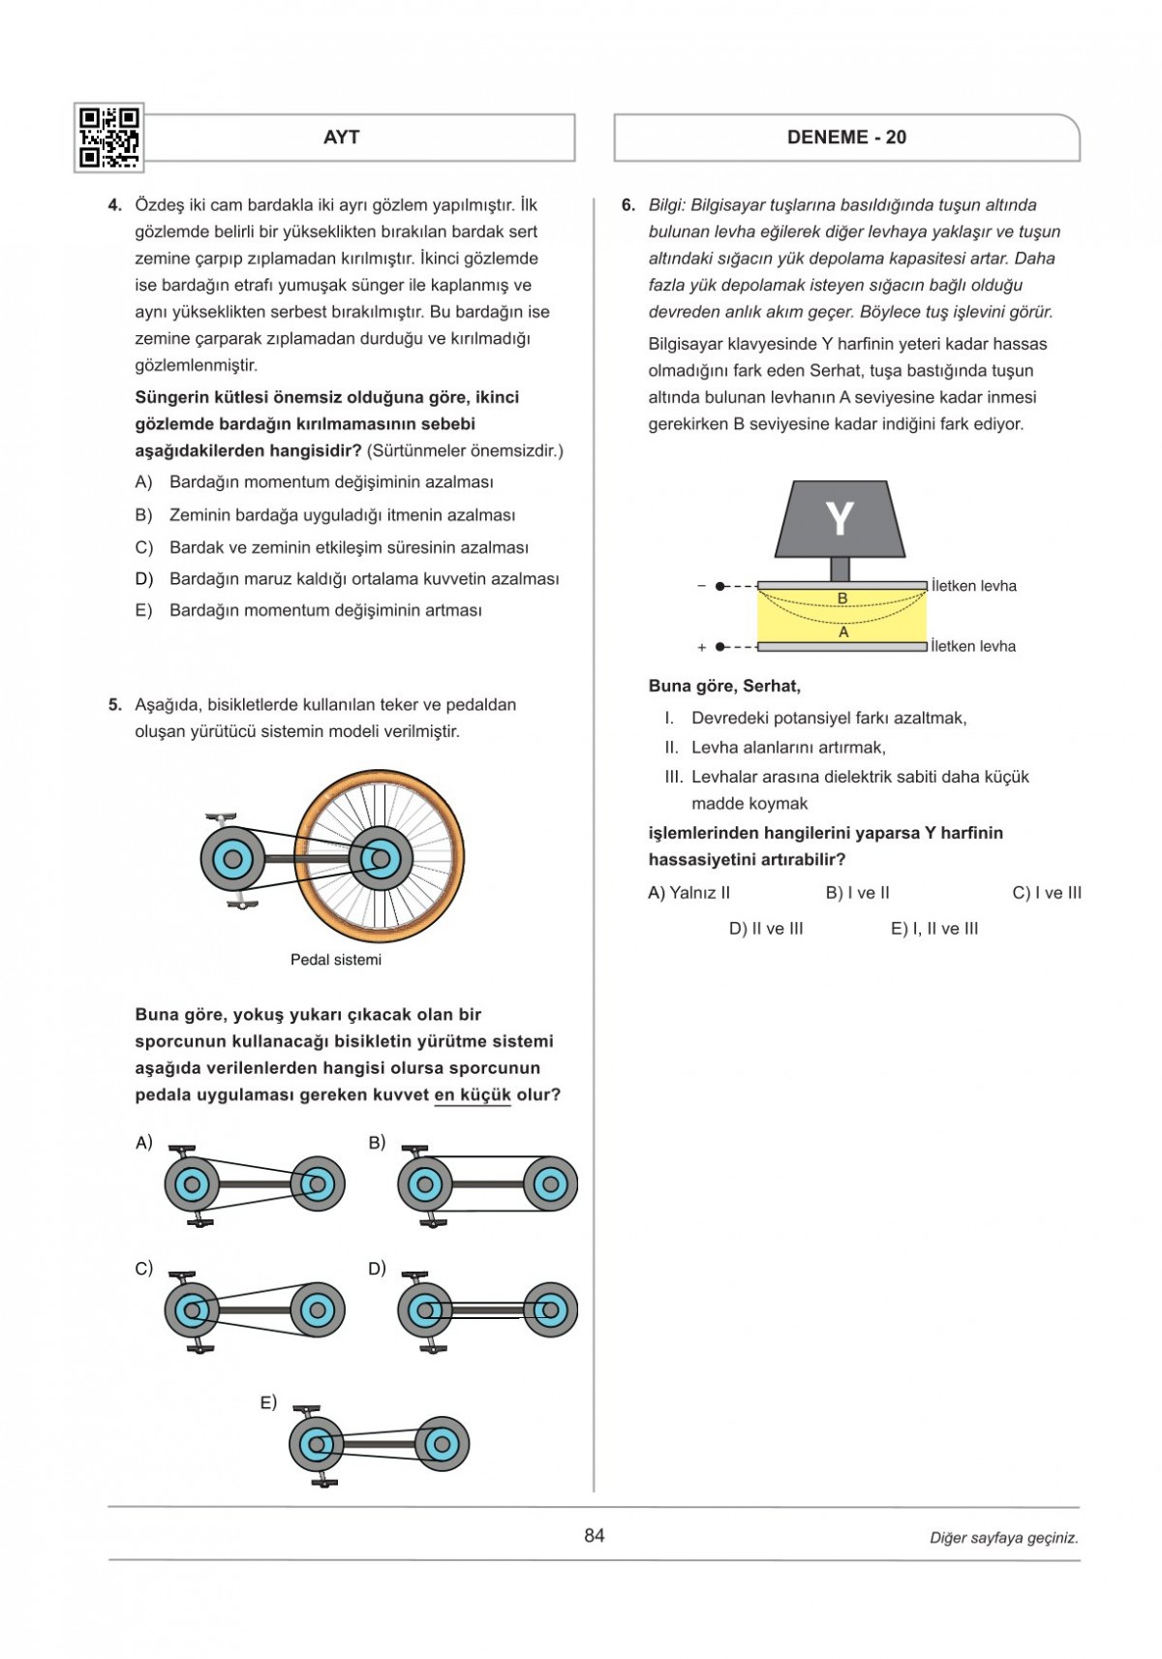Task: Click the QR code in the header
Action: (x=108, y=138)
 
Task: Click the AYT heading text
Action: (x=341, y=138)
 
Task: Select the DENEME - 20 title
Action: (x=846, y=138)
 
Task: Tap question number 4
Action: (x=115, y=205)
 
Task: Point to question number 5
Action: (x=115, y=705)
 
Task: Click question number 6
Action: (x=628, y=205)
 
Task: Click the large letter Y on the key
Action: (x=839, y=519)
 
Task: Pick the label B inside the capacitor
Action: (x=842, y=599)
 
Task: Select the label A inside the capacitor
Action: (x=843, y=631)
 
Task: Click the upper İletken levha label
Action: (x=973, y=586)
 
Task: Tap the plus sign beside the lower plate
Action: (x=702, y=647)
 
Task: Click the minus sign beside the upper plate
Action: (x=702, y=586)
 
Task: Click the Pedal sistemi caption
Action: (x=336, y=960)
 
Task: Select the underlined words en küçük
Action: (x=473, y=1095)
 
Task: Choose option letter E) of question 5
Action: (x=268, y=1402)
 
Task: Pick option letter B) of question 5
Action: (x=377, y=1143)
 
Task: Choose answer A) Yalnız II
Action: (x=688, y=893)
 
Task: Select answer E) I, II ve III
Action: (x=934, y=929)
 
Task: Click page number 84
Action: (x=595, y=1535)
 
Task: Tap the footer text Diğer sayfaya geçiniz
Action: (x=1003, y=1538)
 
